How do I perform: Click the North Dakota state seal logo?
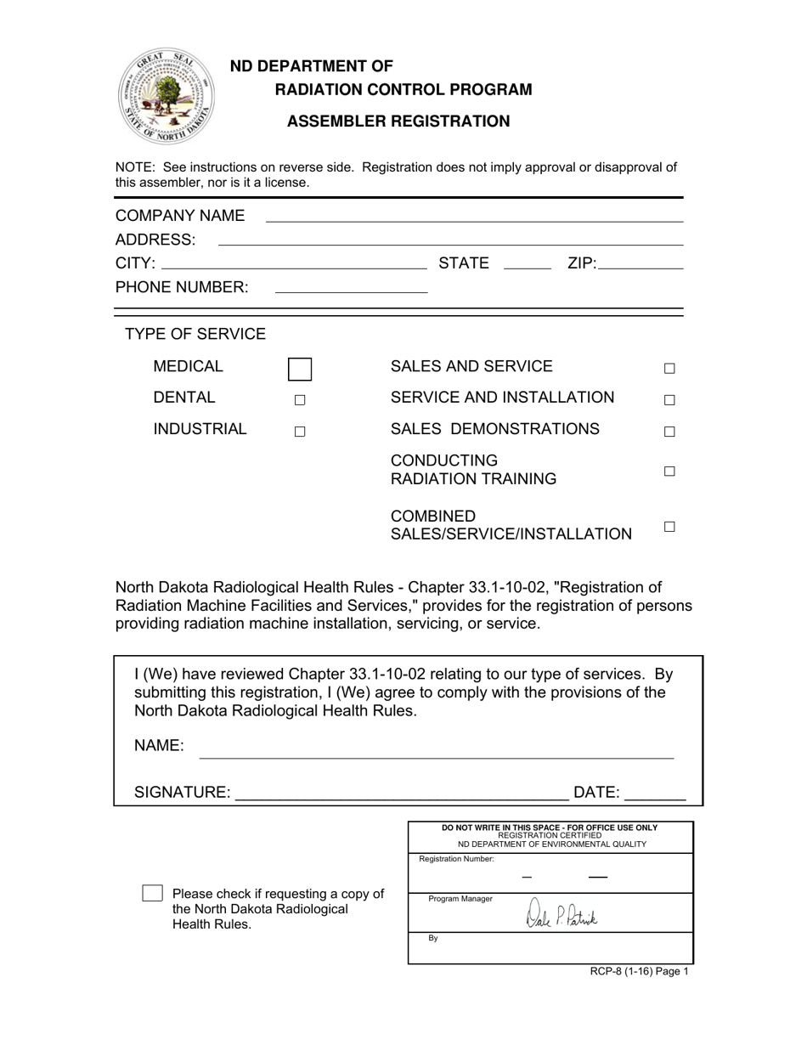tap(166, 96)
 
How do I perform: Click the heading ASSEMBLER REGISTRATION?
tap(398, 121)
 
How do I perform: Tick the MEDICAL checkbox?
tap(299, 369)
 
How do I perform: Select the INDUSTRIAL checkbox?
tap(299, 432)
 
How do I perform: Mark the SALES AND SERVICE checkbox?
tap(669, 369)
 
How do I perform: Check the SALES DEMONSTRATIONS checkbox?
tap(669, 432)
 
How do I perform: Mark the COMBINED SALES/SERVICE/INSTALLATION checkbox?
tap(669, 527)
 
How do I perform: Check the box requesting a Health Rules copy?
tap(152, 893)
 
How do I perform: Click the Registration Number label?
tap(456, 859)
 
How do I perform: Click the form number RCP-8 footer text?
tap(640, 972)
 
